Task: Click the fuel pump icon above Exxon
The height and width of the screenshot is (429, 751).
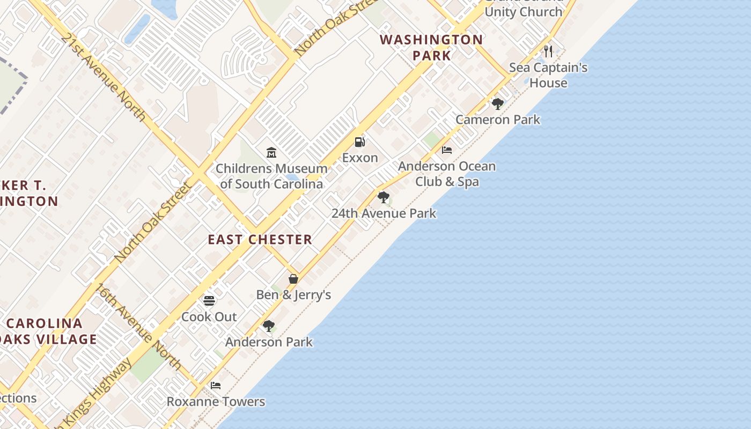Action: click(x=360, y=142)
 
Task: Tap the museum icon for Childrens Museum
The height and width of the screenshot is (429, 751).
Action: click(x=271, y=153)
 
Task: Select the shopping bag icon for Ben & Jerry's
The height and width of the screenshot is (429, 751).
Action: click(x=293, y=279)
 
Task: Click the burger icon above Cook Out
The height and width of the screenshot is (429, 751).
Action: click(x=209, y=301)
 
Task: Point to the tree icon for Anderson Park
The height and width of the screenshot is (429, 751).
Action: click(x=269, y=326)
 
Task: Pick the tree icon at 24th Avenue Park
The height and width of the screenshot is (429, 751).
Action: click(x=384, y=197)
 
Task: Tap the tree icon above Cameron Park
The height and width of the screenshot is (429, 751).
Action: click(x=498, y=103)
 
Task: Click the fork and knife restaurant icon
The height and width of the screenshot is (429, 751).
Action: click(x=548, y=51)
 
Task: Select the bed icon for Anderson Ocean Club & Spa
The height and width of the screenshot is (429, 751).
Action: click(x=447, y=150)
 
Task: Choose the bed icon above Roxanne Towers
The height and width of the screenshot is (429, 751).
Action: click(x=216, y=386)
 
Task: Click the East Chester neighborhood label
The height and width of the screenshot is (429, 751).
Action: click(x=260, y=240)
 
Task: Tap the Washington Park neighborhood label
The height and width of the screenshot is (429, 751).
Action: click(x=432, y=47)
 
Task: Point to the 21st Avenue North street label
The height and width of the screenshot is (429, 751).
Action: click(x=103, y=77)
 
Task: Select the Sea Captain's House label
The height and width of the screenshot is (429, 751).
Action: click(x=548, y=75)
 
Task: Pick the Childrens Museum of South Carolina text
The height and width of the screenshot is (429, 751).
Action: click(x=271, y=176)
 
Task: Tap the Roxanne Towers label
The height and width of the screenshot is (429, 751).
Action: click(x=216, y=402)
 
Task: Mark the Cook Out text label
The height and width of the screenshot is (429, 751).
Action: click(x=209, y=317)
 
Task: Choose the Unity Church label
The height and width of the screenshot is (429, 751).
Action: click(x=524, y=11)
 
